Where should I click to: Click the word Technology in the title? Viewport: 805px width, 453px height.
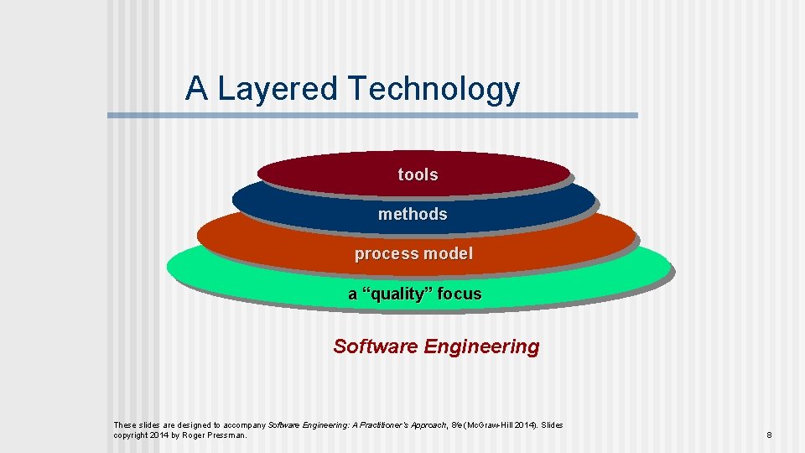coord(433,89)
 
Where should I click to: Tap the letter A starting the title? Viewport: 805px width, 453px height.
coord(197,87)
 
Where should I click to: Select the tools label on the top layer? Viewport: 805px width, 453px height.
coord(418,174)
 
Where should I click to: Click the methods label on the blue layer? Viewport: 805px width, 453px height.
coord(413,214)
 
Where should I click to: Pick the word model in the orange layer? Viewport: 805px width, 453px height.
coord(448,253)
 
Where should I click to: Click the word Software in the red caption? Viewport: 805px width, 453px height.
coord(376,346)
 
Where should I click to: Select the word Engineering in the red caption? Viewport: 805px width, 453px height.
coord(482,346)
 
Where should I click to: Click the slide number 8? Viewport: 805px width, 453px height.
coord(769,435)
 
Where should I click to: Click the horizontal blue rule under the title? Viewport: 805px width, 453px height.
coord(372,116)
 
